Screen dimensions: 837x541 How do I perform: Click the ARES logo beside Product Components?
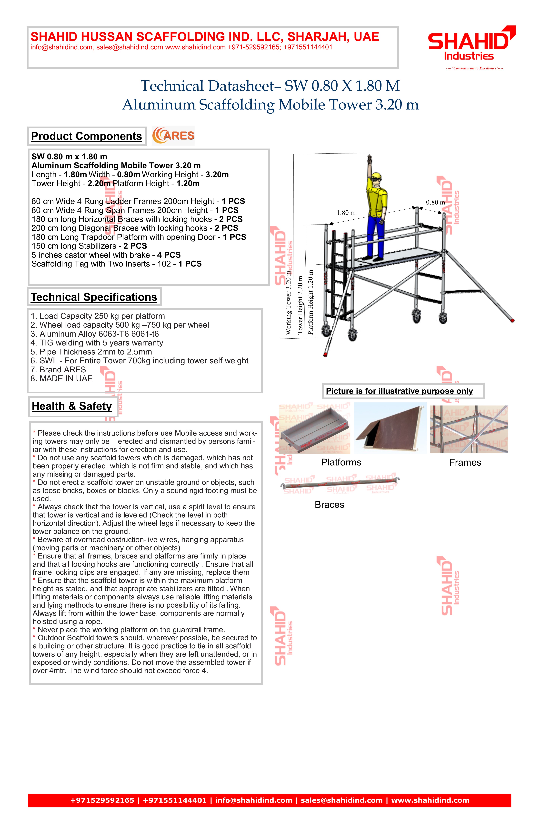173,136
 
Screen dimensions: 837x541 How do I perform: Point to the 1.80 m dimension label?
346,213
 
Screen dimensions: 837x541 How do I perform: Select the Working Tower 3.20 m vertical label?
288,302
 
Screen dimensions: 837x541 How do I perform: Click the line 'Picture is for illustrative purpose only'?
399,391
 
